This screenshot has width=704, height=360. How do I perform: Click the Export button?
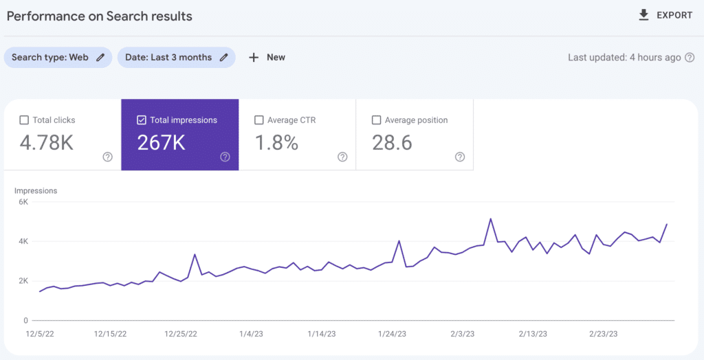(665, 15)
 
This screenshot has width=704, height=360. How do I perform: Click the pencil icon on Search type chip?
(100, 58)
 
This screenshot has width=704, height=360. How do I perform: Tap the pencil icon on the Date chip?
(223, 58)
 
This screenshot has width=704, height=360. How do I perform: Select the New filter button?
(267, 58)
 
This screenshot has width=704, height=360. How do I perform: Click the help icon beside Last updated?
(689, 58)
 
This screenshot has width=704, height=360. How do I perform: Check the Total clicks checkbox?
(24, 120)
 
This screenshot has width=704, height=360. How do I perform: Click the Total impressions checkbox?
(142, 120)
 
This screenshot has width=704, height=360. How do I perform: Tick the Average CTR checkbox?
(259, 120)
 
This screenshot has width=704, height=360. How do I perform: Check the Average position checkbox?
(376, 120)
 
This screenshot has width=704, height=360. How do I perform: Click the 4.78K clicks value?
(47, 143)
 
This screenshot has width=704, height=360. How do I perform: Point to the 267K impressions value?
(161, 143)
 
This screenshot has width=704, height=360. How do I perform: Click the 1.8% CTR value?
(276, 143)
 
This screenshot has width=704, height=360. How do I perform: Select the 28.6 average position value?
(392, 143)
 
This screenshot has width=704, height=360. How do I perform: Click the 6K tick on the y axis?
(23, 202)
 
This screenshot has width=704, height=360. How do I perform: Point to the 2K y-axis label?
(23, 281)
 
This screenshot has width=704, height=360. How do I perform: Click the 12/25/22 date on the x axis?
(181, 334)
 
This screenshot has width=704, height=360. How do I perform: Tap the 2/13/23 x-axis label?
(533, 334)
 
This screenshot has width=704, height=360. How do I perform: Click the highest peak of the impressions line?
(490, 219)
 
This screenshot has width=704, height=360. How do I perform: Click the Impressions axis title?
(36, 190)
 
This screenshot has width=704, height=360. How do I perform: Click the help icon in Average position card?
(460, 157)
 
